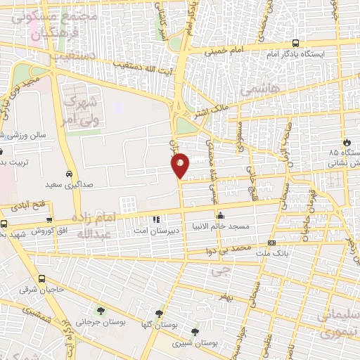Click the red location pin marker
tap(181, 164)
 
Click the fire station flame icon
tap(346, 141)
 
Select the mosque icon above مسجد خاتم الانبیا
tap(221, 216)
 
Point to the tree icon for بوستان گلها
tap(160, 314)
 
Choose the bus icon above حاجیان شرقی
tap(41, 278)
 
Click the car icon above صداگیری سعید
tap(68, 173)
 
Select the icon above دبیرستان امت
tap(155, 219)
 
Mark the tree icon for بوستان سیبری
tap(195, 332)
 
